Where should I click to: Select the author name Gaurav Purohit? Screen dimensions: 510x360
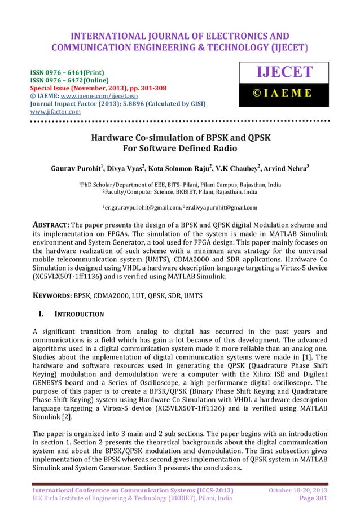pyautogui.click(x=80, y=168)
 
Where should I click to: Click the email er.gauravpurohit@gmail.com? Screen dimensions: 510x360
pyautogui.click(x=139, y=207)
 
